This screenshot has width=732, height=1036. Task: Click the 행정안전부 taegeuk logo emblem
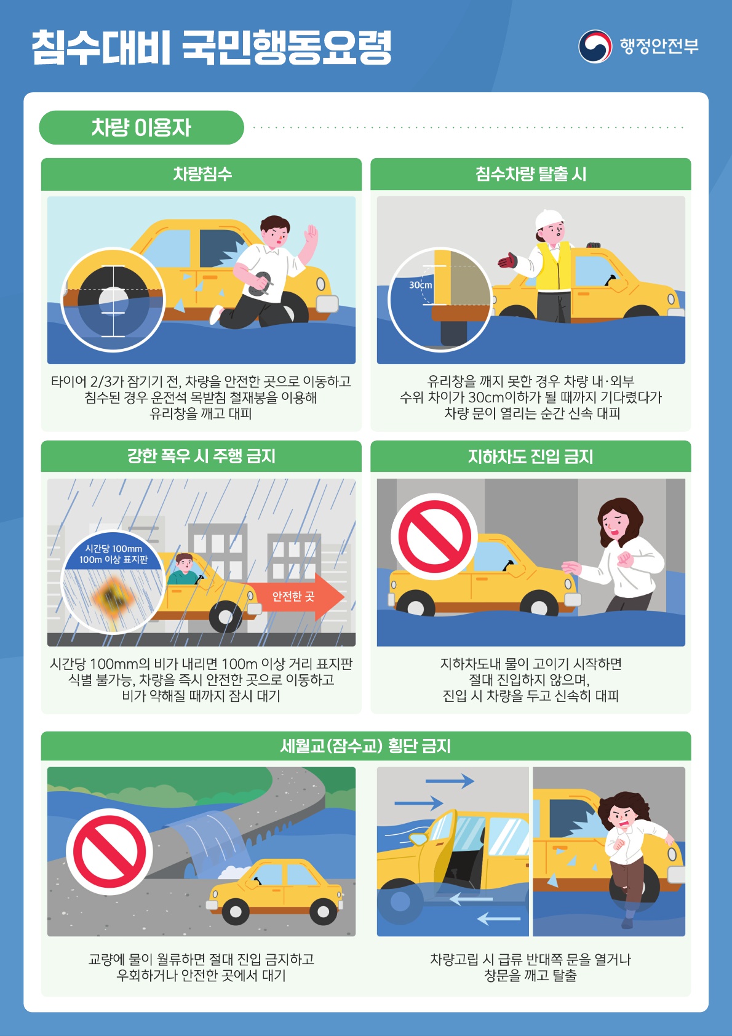595,46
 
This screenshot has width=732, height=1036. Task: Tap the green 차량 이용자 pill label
141,127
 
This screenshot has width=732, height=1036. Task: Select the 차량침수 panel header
202,174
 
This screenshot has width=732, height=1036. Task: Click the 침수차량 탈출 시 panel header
530,174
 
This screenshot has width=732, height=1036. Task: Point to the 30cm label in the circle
421,285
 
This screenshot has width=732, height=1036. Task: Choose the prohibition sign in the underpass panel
435,536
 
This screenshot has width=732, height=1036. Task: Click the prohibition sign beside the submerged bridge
109,852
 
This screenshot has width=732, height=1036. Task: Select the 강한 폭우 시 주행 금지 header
202,456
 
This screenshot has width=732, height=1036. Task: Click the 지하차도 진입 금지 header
530,456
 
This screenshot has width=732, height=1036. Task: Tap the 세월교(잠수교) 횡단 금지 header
366,746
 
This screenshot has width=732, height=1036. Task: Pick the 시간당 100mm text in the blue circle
113,548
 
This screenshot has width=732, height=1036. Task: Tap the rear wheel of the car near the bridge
235,910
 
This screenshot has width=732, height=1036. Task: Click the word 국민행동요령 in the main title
287,47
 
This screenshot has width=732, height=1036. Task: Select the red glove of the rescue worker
507,261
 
